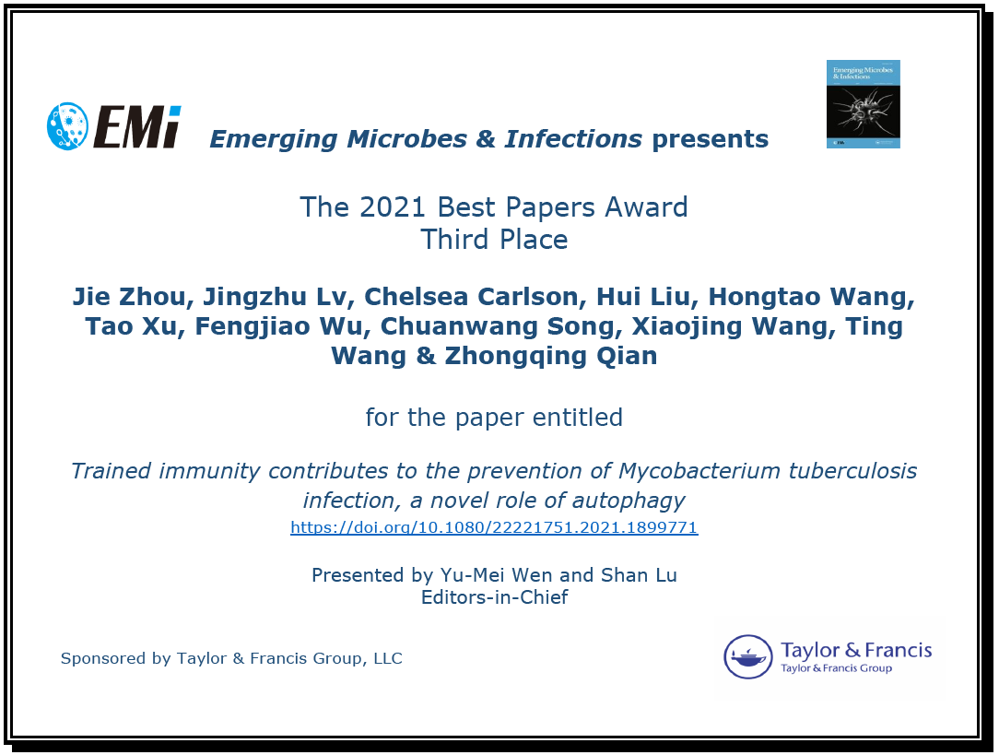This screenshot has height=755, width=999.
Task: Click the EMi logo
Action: [x=114, y=126]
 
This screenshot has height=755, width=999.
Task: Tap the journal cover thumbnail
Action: [x=864, y=104]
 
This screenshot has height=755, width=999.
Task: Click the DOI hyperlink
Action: [x=494, y=527]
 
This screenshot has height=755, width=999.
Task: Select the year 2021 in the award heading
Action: [x=392, y=207]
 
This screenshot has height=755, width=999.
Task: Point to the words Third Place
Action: [x=494, y=240]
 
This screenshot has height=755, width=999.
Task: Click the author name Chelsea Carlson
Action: [x=471, y=296]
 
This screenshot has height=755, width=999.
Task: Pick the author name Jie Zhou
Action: [x=129, y=296]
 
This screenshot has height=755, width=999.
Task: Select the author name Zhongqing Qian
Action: [x=550, y=356]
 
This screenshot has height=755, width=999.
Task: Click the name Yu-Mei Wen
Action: [x=497, y=574]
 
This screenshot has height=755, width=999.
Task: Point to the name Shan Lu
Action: [x=639, y=574]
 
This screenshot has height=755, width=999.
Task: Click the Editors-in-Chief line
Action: [x=494, y=597]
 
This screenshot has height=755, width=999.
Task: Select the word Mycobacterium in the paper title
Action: [x=699, y=471]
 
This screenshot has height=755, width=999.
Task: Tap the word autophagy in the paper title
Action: [x=629, y=501]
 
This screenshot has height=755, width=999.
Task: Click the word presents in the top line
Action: [x=711, y=139]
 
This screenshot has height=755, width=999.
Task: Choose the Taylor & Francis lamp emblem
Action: [x=748, y=657]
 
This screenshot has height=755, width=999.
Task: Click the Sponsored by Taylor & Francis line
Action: [x=231, y=658]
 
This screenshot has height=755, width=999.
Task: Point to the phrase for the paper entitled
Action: [x=494, y=418]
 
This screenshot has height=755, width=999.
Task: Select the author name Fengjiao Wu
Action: [x=279, y=326]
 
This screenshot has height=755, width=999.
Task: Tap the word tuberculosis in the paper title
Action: [x=853, y=471]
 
